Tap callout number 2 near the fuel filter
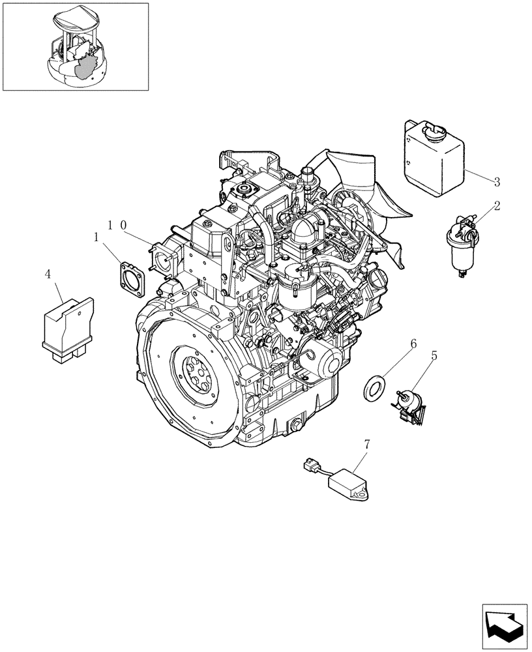tap(496, 207)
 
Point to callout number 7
tap(366, 444)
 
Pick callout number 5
tap(434, 357)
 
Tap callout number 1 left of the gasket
tap(97, 239)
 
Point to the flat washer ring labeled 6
tap(374, 388)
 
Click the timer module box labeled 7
tap(352, 485)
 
